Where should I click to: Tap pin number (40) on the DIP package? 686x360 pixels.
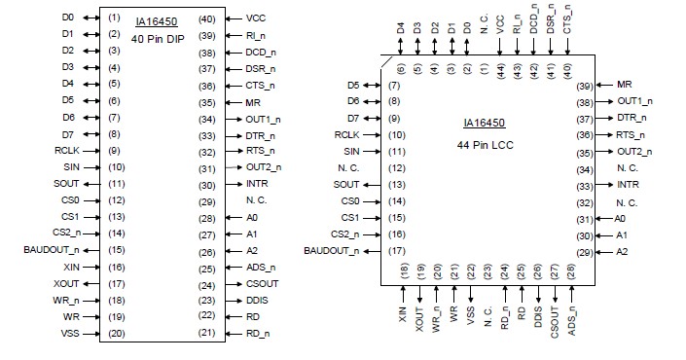[206, 18]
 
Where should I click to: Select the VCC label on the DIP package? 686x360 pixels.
[256, 18]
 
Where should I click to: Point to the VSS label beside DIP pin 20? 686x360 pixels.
[70, 334]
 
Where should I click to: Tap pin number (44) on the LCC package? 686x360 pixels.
[499, 69]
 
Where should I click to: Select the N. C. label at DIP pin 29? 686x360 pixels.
[258, 201]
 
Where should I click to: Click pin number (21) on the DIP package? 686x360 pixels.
[206, 334]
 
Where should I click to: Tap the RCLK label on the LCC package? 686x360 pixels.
[347, 134]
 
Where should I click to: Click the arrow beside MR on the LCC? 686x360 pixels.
[605, 87]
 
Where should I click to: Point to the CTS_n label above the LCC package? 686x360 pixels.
[567, 21]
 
